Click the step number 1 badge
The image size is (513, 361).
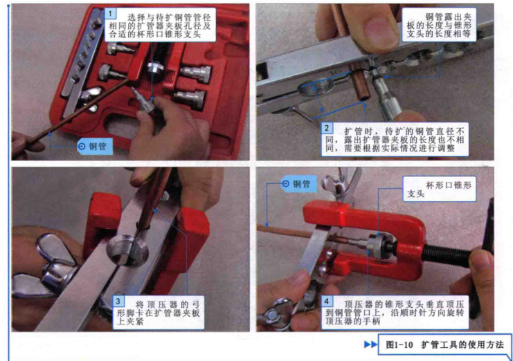[111, 13]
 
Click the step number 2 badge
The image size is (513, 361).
[327, 128]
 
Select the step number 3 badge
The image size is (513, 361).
[118, 301]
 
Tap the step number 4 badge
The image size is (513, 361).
[327, 301]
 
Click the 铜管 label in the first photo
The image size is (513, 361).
[95, 147]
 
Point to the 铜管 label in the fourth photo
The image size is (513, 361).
[298, 184]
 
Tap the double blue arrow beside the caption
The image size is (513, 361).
[370, 344]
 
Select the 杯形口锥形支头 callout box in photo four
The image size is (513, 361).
[440, 189]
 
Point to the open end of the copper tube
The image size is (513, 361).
[363, 97]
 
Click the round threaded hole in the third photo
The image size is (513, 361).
[127, 251]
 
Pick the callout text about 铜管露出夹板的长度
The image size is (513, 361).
[439, 25]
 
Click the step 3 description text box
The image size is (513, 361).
[159, 313]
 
